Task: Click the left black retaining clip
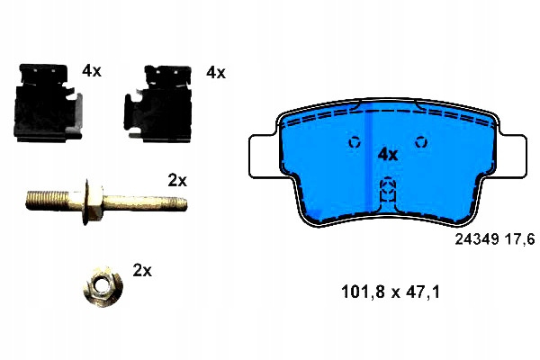click(x=47, y=103)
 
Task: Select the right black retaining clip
click(x=158, y=103)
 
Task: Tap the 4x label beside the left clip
click(x=92, y=71)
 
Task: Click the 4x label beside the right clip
click(x=216, y=73)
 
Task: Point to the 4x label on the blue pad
click(x=388, y=155)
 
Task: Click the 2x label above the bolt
click(x=177, y=180)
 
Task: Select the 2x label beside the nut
click(x=142, y=270)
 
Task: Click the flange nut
click(x=103, y=286)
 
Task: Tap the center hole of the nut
click(x=101, y=285)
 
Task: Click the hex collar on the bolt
click(x=93, y=202)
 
